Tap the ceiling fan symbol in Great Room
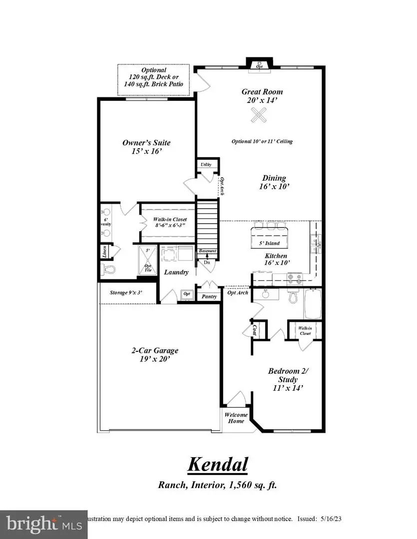pos(259,118)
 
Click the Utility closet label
pos(206,164)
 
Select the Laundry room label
pos(177,272)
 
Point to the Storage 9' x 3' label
pos(126,292)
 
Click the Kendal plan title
pos(218,465)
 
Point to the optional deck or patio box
pos(154,80)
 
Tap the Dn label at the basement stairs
pos(207,262)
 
